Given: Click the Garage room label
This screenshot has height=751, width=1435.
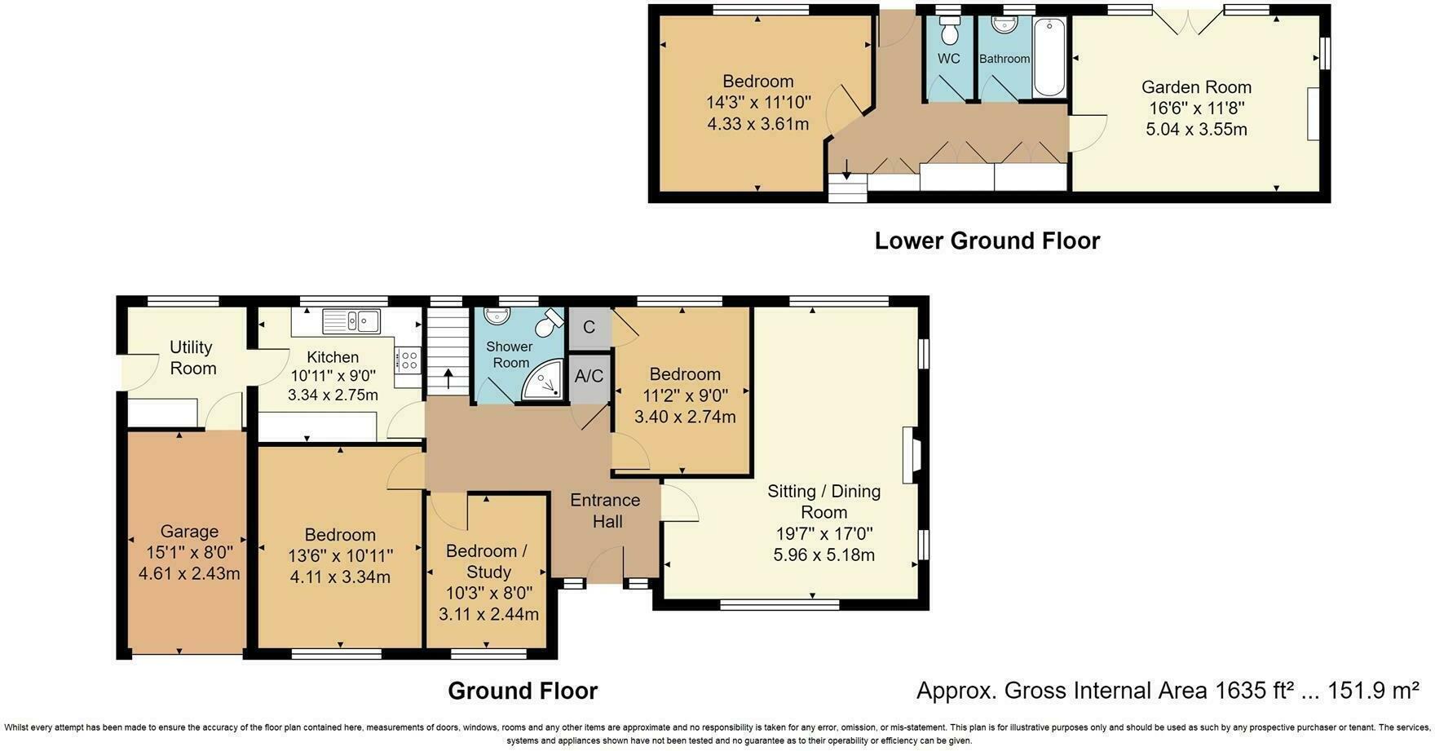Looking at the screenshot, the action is tap(189, 532).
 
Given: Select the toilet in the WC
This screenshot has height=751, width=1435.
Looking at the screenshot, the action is tap(948, 31).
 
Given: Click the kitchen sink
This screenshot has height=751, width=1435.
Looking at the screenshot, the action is tap(351, 321).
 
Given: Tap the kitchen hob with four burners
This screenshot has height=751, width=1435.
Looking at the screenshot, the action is tap(408, 360).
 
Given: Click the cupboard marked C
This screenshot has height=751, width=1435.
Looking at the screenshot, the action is tap(589, 327).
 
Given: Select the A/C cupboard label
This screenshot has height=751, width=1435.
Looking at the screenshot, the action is tap(589, 376).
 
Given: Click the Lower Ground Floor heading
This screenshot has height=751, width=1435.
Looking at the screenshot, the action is tap(987, 241).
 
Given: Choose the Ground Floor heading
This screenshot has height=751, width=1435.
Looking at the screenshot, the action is tap(523, 691).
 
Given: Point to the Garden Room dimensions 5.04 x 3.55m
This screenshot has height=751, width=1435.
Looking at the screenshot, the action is tap(1196, 129).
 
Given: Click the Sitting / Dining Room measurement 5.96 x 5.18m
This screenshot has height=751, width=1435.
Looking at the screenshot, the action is tap(823, 555).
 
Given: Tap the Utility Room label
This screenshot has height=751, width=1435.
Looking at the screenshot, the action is tap(192, 357).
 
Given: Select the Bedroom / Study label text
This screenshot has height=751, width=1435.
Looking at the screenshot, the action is tap(488, 561).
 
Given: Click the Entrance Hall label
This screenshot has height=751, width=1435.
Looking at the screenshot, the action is tap(605, 510).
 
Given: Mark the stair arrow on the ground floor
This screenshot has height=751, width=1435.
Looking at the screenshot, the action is tap(448, 380).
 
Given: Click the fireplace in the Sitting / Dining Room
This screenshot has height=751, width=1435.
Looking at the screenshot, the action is tap(908, 455).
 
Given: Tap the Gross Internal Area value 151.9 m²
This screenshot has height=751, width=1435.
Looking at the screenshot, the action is tap(1373, 691).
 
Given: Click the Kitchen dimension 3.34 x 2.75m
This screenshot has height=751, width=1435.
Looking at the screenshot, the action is tap(333, 395).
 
